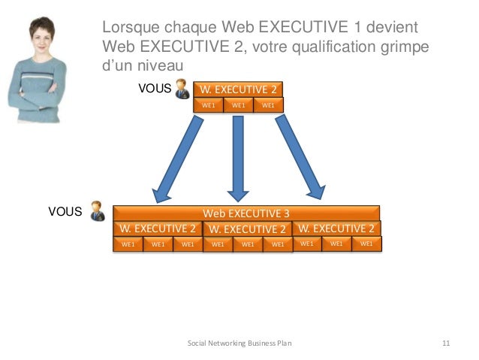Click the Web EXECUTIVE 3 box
pyautogui.click(x=246, y=213)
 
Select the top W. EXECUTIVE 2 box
pyautogui.click(x=238, y=90)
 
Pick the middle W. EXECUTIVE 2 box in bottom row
pyautogui.click(x=247, y=229)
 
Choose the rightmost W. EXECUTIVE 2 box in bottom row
pyautogui.click(x=336, y=228)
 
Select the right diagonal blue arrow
pyautogui.click(x=300, y=158)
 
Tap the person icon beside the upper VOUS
pyautogui.click(x=182, y=90)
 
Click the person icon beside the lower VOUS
pyautogui.click(x=98, y=211)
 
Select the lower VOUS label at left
pyautogui.click(x=65, y=212)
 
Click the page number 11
pyautogui.click(x=446, y=343)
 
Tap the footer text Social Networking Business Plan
pyautogui.click(x=239, y=343)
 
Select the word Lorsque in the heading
pyautogui.click(x=131, y=29)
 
